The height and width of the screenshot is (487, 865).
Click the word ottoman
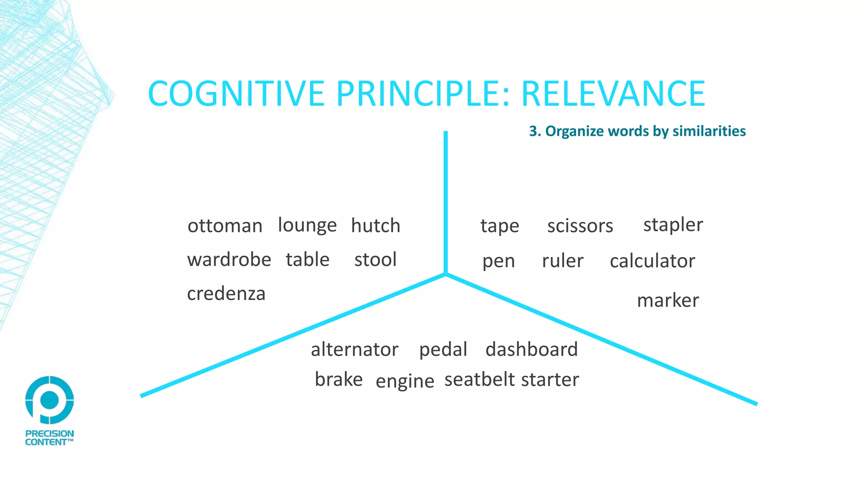click(x=225, y=226)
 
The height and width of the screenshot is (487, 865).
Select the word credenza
click(x=226, y=294)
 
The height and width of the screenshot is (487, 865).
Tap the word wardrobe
click(x=229, y=260)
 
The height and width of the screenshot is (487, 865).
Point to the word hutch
click(x=375, y=226)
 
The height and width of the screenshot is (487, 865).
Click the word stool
click(x=375, y=260)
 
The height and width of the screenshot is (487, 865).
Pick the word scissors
click(x=580, y=226)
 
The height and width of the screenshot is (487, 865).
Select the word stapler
click(x=673, y=225)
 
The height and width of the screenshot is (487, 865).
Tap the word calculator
click(x=652, y=261)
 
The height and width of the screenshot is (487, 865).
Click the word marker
click(x=668, y=301)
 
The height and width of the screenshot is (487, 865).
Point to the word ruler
click(x=563, y=261)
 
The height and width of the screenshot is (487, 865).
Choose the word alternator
click(x=354, y=350)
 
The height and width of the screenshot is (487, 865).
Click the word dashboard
click(x=531, y=350)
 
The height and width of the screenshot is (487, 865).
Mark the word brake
click(x=339, y=380)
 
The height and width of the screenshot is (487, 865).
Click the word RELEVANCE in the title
click(x=613, y=93)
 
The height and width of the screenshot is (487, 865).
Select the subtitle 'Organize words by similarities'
click(x=645, y=131)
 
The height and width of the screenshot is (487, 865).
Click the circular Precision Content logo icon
click(x=49, y=399)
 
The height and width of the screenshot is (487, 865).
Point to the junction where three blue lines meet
click(x=446, y=274)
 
